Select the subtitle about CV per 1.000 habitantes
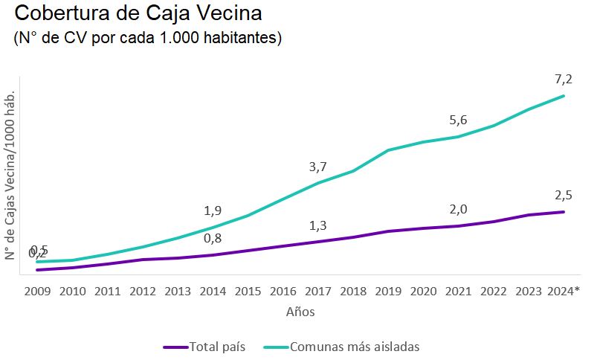pyautogui.click(x=148, y=38)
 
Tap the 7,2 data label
pyautogui.click(x=563, y=79)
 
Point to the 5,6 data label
pyautogui.click(x=459, y=120)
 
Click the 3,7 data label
pyautogui.click(x=318, y=167)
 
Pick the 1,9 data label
pyautogui.click(x=213, y=210)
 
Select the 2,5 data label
pyautogui.click(x=563, y=195)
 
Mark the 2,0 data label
pyautogui.click(x=459, y=209)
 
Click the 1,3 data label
pyautogui.click(x=318, y=225)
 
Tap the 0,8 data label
pyautogui.click(x=213, y=238)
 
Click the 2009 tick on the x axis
pyautogui.click(x=37, y=291)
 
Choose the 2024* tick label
pyautogui.click(x=564, y=291)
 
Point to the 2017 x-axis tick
pyautogui.click(x=318, y=291)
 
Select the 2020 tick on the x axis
pyautogui.click(x=424, y=291)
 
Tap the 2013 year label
pyautogui.click(x=178, y=291)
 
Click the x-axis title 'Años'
pyautogui.click(x=300, y=312)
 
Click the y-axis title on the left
pyautogui.click(x=10, y=176)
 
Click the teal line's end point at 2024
pyautogui.click(x=564, y=96)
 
